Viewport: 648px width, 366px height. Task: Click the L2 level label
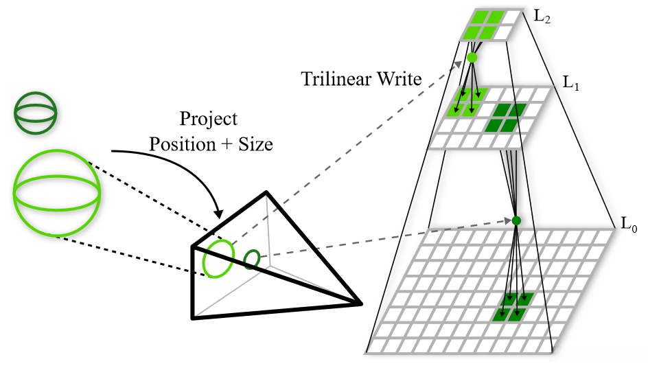click(542, 13)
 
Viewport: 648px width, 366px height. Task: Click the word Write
click(400, 78)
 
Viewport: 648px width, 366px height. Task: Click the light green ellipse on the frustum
click(217, 258)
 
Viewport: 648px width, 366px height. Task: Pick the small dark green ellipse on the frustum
click(252, 259)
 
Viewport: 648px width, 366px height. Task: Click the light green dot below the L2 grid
click(472, 58)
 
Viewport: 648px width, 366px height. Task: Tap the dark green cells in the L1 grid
click(505, 117)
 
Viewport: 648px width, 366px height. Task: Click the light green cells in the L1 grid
click(467, 102)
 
